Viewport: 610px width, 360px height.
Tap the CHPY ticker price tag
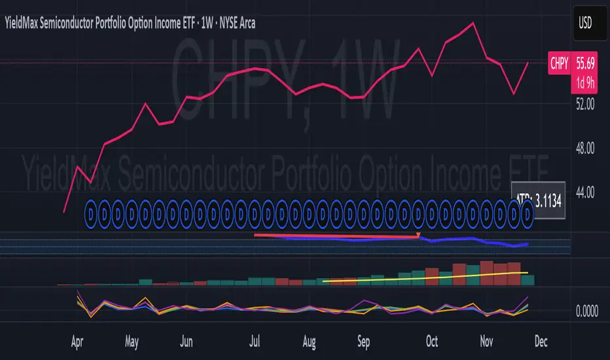(559, 63)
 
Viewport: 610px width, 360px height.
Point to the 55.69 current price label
(585, 63)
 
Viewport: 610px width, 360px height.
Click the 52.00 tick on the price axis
(585, 103)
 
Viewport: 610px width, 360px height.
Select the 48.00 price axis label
(585, 149)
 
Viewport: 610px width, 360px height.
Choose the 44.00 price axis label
(585, 192)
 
